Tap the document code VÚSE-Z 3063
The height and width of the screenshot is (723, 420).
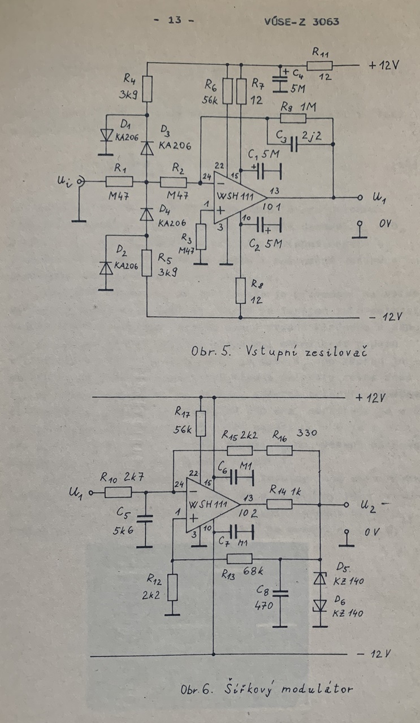[x=301, y=21]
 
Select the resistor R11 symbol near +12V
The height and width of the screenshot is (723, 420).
[x=319, y=65]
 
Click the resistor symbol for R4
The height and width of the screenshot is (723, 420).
[x=147, y=88]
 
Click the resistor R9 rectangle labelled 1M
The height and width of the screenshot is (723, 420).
[x=292, y=118]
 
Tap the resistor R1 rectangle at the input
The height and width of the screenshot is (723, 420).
[x=119, y=181]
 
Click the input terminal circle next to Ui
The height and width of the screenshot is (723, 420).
[x=81, y=181]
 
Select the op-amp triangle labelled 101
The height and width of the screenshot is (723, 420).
[x=237, y=198]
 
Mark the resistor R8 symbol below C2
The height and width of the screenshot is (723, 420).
[x=241, y=289]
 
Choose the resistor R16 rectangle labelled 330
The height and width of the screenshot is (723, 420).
[x=279, y=450]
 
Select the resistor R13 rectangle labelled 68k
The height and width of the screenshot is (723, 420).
[x=240, y=559]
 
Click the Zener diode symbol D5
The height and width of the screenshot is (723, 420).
[x=321, y=578]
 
